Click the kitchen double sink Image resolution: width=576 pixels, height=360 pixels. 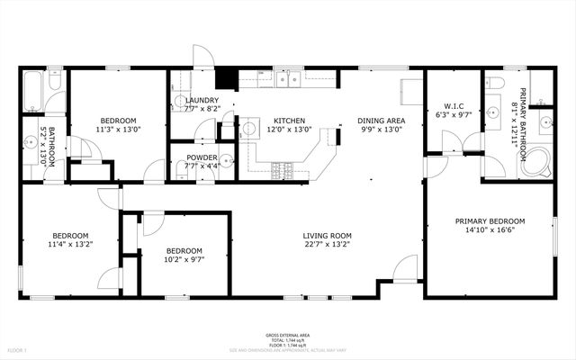pyautogui.click(x=289, y=80)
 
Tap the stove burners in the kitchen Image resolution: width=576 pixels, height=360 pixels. pyautogui.click(x=281, y=167)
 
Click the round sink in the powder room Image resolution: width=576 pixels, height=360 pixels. pyautogui.click(x=227, y=162)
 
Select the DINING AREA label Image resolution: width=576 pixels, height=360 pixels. pyautogui.click(x=381, y=121)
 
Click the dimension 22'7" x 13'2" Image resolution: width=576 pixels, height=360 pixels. pyautogui.click(x=327, y=243)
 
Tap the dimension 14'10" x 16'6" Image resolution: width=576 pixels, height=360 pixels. pyautogui.click(x=490, y=229)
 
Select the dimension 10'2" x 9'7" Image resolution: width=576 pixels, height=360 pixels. pyautogui.click(x=183, y=259)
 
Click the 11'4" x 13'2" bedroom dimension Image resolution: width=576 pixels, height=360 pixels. pyautogui.click(x=69, y=243)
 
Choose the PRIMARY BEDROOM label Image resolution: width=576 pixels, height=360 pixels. pyautogui.click(x=490, y=220)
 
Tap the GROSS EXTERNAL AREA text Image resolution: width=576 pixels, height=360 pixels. pyautogui.click(x=288, y=333)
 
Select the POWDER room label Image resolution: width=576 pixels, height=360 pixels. pyautogui.click(x=202, y=157)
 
